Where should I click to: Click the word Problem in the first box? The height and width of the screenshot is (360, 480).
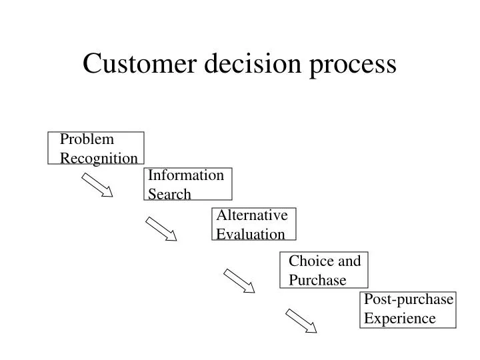tap(87, 139)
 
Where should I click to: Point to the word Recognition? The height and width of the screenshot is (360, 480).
tap(99, 158)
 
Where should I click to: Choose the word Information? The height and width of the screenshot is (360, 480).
tap(186, 175)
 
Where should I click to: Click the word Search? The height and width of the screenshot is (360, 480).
tap(169, 194)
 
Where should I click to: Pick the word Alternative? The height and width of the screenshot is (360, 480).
tap(252, 215)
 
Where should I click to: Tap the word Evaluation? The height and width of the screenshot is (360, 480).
tap(251, 234)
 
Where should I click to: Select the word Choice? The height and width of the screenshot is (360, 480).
tap(307, 261)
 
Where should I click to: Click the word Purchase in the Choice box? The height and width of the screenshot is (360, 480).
tap(317, 280)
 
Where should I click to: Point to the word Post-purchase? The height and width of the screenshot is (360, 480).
tap(409, 299)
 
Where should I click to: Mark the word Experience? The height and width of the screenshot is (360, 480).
tap(399, 319)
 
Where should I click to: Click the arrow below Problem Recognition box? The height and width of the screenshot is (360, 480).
tap(98, 185)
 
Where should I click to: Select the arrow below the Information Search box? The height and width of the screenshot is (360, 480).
tap(161, 229)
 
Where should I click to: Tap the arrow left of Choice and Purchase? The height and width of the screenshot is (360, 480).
tap(239, 281)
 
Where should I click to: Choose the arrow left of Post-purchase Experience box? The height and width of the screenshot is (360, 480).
tap(301, 320)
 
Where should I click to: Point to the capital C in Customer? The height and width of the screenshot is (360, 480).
tap(91, 64)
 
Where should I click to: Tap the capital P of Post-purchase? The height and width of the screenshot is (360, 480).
tap(368, 299)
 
